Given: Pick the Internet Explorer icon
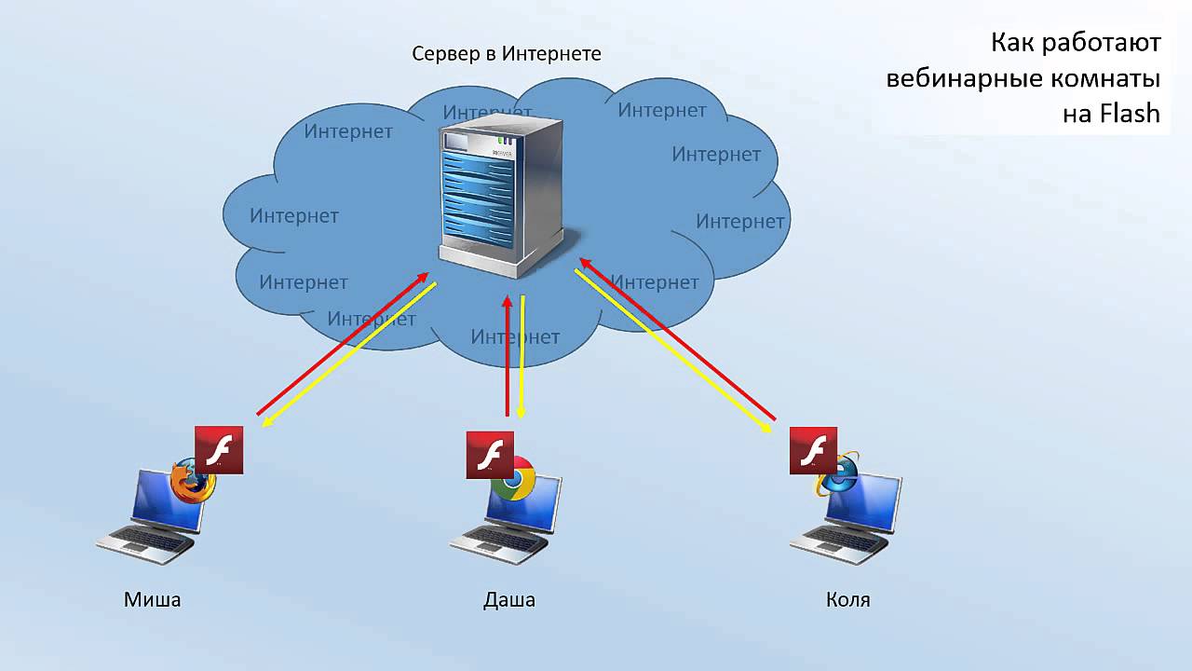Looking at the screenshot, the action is (837, 475).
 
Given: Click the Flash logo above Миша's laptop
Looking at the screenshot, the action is (219, 450).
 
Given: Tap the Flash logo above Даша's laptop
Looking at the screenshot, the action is (490, 455).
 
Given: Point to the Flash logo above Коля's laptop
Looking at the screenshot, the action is (813, 450).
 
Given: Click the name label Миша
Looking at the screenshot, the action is (152, 599).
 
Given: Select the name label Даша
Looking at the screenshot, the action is (509, 600).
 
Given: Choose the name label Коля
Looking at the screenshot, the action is (848, 599).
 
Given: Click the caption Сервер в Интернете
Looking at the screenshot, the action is (507, 54).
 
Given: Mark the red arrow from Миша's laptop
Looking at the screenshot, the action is (343, 344).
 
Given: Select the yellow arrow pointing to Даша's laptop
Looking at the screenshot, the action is (522, 357).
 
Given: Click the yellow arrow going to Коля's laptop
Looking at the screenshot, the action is (673, 351).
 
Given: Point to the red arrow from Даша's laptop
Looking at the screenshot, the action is (508, 356).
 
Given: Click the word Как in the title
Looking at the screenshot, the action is (1011, 42).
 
